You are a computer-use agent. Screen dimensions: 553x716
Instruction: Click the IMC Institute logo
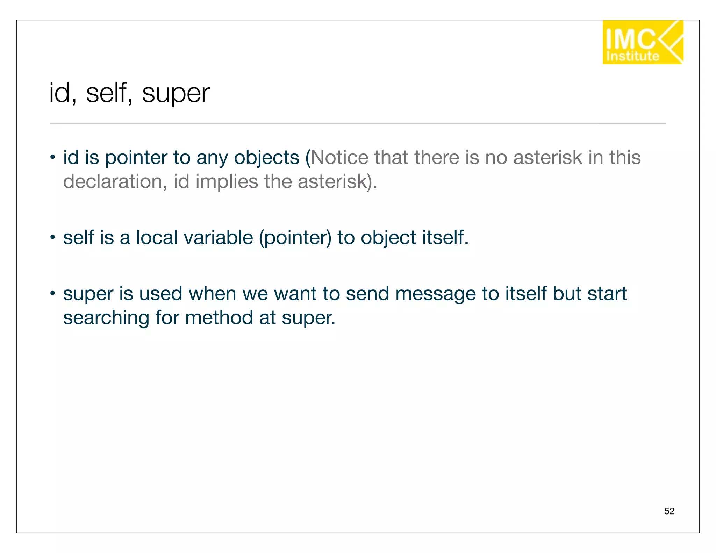click(643, 42)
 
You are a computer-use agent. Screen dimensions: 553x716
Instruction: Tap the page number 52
click(669, 511)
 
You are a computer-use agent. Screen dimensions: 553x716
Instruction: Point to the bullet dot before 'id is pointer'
click(52, 157)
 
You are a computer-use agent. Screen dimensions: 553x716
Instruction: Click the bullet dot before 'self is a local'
click(52, 237)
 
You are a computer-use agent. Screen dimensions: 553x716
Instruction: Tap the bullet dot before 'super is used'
click(52, 293)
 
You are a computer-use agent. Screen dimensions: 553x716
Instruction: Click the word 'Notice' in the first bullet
click(339, 157)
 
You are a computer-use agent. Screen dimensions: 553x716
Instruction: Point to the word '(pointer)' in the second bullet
click(295, 238)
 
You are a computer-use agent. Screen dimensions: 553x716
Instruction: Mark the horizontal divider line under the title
click(358, 123)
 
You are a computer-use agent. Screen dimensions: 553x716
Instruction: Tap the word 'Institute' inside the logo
click(632, 56)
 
